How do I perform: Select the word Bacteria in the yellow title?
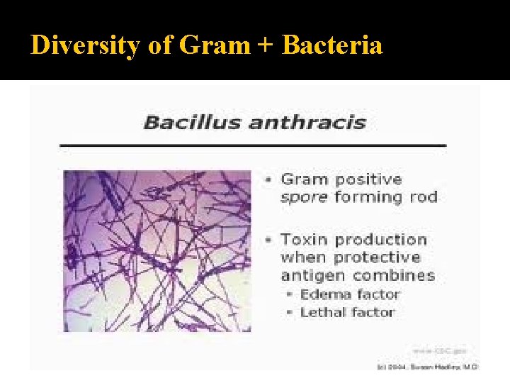coord(332,45)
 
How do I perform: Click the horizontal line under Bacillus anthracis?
coord(253,145)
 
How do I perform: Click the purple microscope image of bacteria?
coord(157,250)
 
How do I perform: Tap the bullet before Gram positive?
coord(268,180)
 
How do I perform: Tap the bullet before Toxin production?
coord(268,240)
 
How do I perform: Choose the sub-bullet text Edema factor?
coord(349,294)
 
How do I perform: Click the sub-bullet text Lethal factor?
coord(347,312)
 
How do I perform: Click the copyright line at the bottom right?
coord(428,366)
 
